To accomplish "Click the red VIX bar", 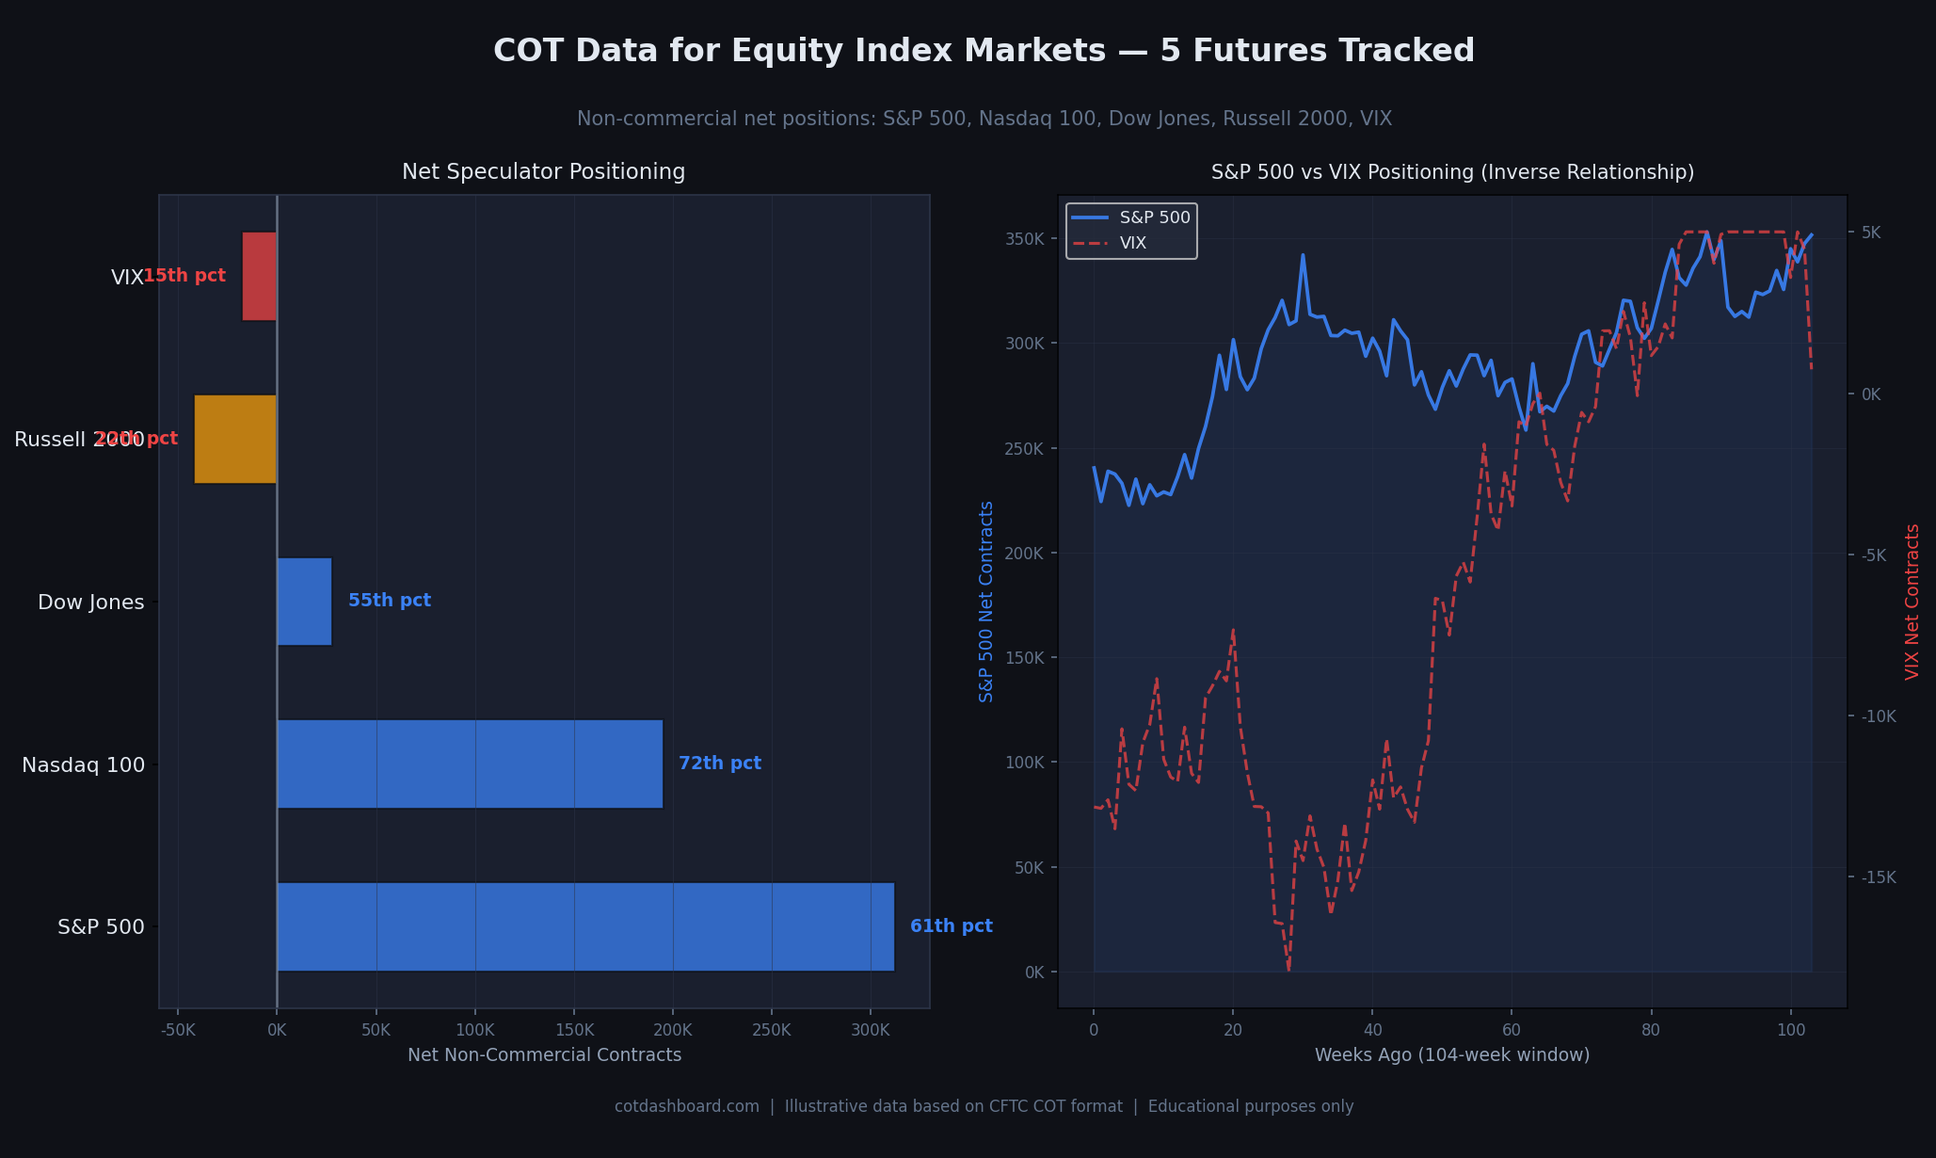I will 260,276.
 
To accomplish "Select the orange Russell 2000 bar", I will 235,439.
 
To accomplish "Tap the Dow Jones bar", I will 304,602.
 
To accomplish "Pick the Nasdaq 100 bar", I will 470,764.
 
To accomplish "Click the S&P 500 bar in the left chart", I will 585,926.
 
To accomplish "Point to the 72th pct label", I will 720,764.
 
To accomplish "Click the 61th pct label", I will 951,926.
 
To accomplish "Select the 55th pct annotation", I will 390,601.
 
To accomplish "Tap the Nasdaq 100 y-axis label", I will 84,765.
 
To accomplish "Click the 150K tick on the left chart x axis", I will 574,1030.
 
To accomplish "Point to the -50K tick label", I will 178,1030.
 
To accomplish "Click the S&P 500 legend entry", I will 1155,217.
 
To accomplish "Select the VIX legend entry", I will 1133,243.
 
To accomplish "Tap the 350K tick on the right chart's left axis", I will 1026,239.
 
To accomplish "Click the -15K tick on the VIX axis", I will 1878,877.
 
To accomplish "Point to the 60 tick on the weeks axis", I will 1512,1030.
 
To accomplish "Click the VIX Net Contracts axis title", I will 1912,602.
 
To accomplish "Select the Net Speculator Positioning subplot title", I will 543,172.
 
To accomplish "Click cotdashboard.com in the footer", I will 686,1106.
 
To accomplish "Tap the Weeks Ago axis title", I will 1451,1055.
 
